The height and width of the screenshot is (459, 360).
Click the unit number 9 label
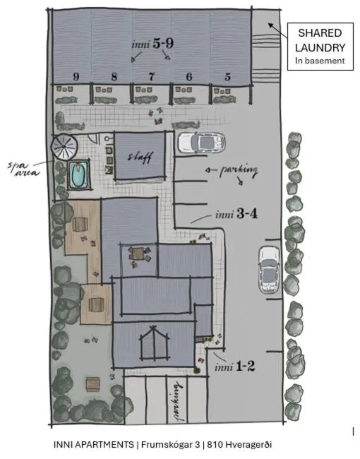[75, 76]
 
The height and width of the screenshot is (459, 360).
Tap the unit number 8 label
[114, 76]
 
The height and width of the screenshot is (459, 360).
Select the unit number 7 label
[151, 76]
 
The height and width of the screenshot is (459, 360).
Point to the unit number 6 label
[189, 76]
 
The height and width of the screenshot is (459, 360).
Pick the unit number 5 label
[227, 76]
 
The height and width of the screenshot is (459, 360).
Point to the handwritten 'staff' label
[139, 157]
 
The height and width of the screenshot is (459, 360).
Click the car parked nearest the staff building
[201, 143]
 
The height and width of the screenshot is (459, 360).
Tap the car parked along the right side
[270, 270]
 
